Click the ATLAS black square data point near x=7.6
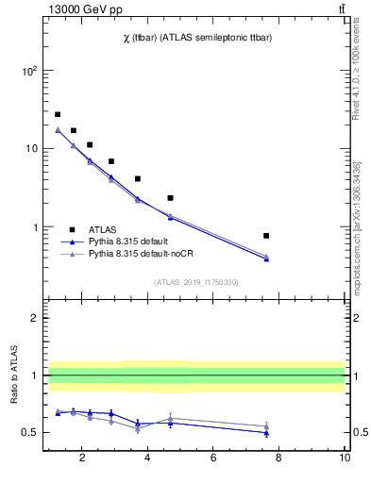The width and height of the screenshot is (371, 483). pyautogui.click(x=266, y=236)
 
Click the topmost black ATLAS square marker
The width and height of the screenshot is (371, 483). pyautogui.click(x=58, y=114)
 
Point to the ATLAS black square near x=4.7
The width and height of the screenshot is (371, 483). pyautogui.click(x=170, y=198)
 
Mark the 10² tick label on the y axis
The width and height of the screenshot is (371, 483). pyautogui.click(x=29, y=71)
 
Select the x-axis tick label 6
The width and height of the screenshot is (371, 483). pyautogui.click(x=214, y=459)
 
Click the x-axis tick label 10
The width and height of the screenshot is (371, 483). pyautogui.click(x=345, y=459)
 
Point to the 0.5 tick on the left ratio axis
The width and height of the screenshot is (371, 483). pyautogui.click(x=29, y=433)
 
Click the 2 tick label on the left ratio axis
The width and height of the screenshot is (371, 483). pyautogui.click(x=34, y=318)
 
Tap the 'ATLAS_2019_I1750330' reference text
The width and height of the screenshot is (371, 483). pyautogui.click(x=196, y=282)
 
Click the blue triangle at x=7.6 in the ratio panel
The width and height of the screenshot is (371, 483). pyautogui.click(x=266, y=432)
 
